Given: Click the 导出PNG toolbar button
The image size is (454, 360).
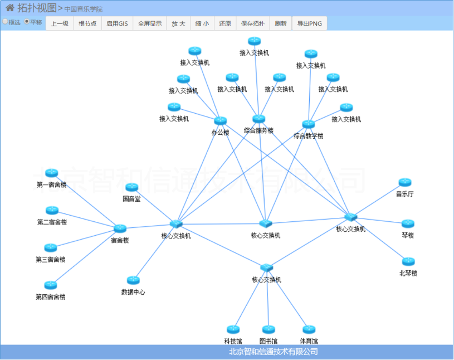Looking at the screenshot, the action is [310, 23].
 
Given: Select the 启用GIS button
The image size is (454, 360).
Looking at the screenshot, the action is [117, 23].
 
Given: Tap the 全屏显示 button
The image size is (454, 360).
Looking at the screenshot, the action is [150, 23].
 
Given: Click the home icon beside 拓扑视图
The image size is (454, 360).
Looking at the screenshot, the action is [10, 8].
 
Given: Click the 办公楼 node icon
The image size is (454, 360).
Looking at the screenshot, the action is [221, 120].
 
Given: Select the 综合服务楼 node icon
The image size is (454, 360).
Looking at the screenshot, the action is [258, 118].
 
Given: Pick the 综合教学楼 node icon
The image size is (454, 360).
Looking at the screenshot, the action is [309, 124].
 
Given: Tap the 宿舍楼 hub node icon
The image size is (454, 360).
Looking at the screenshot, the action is [120, 228].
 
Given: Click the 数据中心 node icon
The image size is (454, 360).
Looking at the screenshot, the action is [133, 280].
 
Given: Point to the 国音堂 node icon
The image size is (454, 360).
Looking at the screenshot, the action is [131, 187].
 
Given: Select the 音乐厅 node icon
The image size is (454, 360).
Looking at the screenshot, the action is [405, 182].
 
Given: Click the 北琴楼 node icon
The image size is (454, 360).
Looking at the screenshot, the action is [408, 261].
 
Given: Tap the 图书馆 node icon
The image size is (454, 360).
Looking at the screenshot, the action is [269, 329].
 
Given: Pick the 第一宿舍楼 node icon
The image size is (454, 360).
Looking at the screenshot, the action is [52, 173].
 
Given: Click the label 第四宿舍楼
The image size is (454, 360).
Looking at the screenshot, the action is [50, 297].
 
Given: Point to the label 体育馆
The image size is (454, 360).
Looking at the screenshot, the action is [309, 341].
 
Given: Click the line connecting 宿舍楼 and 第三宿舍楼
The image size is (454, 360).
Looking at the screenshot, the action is [86, 239].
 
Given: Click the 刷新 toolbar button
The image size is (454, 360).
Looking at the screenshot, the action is [281, 23].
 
